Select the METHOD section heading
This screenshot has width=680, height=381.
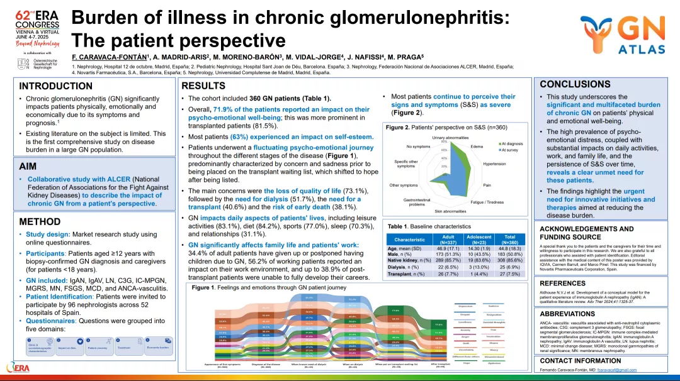(x=40, y=221)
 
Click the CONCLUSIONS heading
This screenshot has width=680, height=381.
(x=575, y=84)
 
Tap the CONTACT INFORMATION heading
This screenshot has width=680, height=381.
(x=580, y=361)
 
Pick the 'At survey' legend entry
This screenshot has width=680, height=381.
(x=509, y=150)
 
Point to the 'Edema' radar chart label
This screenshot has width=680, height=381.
(x=477, y=146)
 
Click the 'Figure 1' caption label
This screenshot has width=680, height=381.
(x=203, y=287)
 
